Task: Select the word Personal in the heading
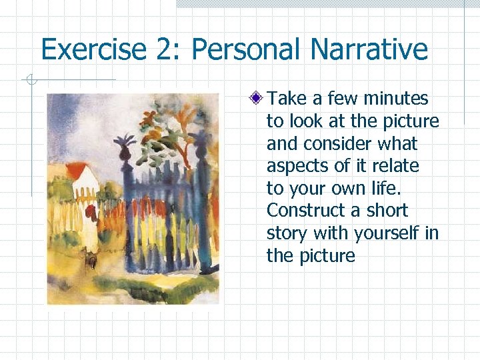click(x=233, y=50)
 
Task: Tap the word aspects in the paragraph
click(x=297, y=166)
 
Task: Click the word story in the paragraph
click(x=286, y=233)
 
